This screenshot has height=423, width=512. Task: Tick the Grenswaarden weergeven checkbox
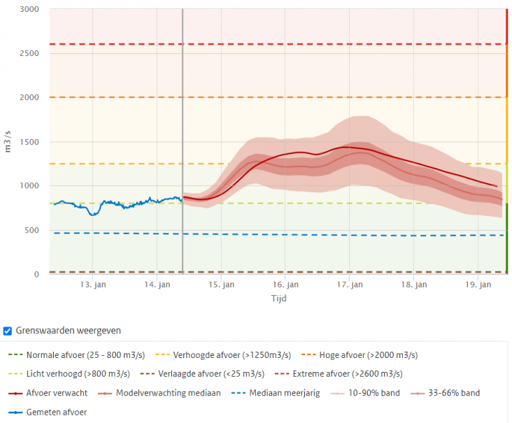pyautogui.click(x=8, y=331)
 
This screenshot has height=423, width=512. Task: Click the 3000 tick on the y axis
pyautogui.click(x=29, y=9)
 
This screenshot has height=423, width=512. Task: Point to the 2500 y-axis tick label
pyautogui.click(x=29, y=53)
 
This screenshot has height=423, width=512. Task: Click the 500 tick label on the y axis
pyautogui.click(x=32, y=230)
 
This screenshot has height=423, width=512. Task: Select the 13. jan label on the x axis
pyautogui.click(x=92, y=285)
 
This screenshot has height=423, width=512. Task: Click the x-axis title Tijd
pyautogui.click(x=278, y=298)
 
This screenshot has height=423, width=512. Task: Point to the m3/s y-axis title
pyautogui.click(x=8, y=141)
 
